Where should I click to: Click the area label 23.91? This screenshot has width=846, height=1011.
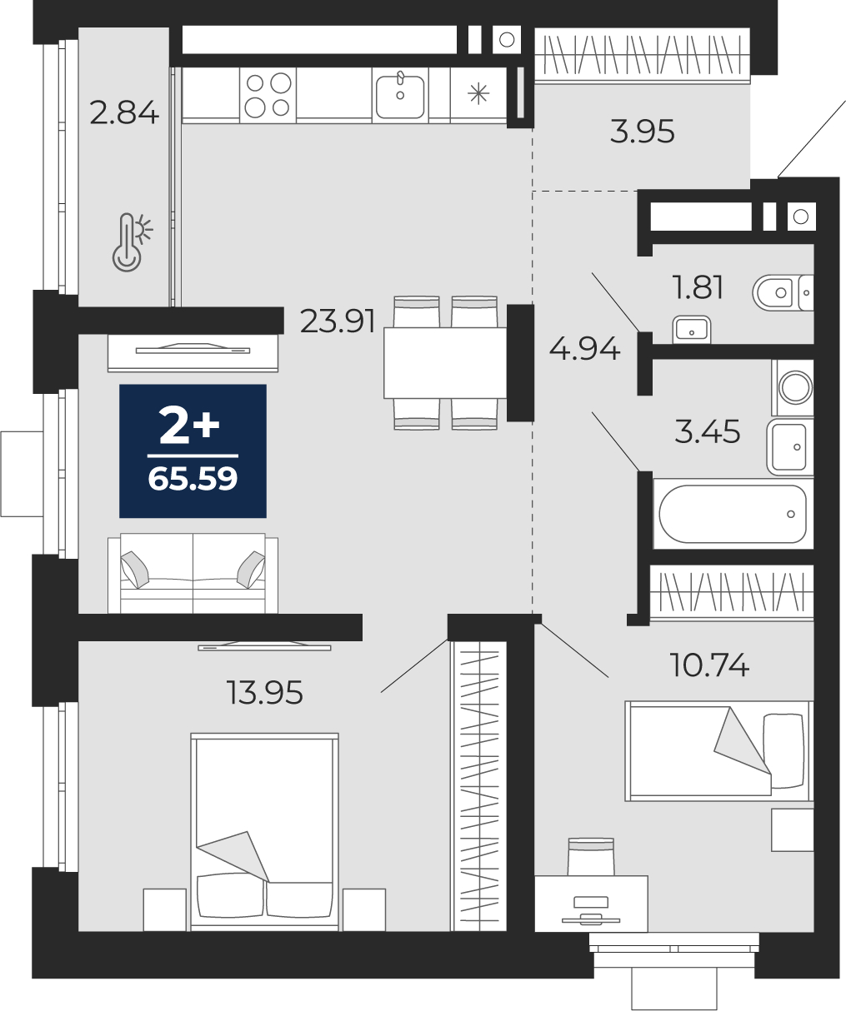[x=337, y=321]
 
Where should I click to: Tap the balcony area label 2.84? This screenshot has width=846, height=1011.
[x=123, y=112]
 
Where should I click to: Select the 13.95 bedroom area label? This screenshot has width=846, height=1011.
[x=265, y=692]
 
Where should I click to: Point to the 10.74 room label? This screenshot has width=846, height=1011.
[x=709, y=665]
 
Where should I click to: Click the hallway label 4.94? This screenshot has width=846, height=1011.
[x=584, y=349]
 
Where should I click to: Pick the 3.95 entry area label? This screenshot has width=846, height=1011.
[x=642, y=132]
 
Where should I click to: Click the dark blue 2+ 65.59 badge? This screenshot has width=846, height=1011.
[x=193, y=451]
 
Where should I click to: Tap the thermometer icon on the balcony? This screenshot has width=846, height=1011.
[x=130, y=241]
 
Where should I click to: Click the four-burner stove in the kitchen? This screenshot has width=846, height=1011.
[x=268, y=94]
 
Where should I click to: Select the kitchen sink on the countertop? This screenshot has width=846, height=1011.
[x=400, y=94]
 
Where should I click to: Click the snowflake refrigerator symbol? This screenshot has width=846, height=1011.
[x=478, y=94]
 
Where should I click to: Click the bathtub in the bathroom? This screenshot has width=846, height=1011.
[x=733, y=514]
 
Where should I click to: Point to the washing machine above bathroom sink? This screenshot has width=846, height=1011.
[x=793, y=387]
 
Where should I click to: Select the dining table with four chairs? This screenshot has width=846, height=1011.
[x=444, y=362]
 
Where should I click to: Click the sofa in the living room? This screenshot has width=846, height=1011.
[x=193, y=575]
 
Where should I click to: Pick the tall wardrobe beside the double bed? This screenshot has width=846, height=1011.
[x=478, y=785]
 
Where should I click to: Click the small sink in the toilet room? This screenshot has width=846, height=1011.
[x=691, y=330]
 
